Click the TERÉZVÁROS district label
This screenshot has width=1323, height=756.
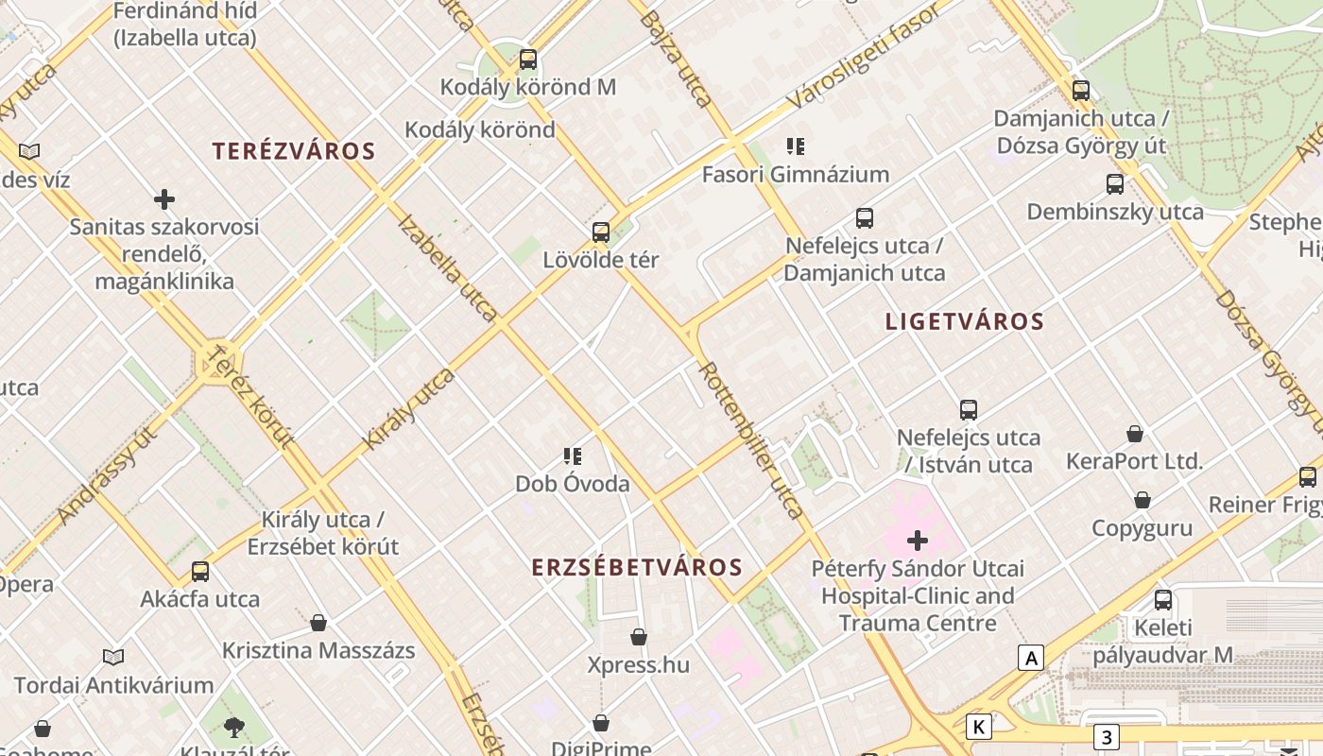point(294,151)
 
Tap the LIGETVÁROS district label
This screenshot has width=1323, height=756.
point(965,321)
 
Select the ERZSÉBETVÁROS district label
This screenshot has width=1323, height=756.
point(637,567)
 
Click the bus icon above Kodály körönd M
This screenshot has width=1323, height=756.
point(528,60)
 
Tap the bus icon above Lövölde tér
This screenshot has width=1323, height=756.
point(601,232)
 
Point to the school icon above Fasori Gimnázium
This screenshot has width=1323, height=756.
point(796,146)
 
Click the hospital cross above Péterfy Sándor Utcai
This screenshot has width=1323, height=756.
point(918,541)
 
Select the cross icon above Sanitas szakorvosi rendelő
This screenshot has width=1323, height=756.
point(164,199)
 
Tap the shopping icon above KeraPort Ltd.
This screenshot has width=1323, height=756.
point(1135,434)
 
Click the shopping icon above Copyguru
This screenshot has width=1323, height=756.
point(1143,500)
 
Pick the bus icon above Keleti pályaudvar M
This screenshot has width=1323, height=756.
point(1163,600)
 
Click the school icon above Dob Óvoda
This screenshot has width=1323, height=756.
point(573,456)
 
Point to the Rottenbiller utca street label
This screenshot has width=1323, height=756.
point(752,440)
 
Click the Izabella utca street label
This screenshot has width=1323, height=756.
point(447,267)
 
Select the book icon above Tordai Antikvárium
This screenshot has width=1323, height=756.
point(113,657)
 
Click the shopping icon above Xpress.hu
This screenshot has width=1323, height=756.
point(639,637)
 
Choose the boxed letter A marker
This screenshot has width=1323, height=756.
point(1031,658)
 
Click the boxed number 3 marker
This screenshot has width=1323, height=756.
point(1107,736)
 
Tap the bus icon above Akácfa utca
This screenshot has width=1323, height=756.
point(200,572)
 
